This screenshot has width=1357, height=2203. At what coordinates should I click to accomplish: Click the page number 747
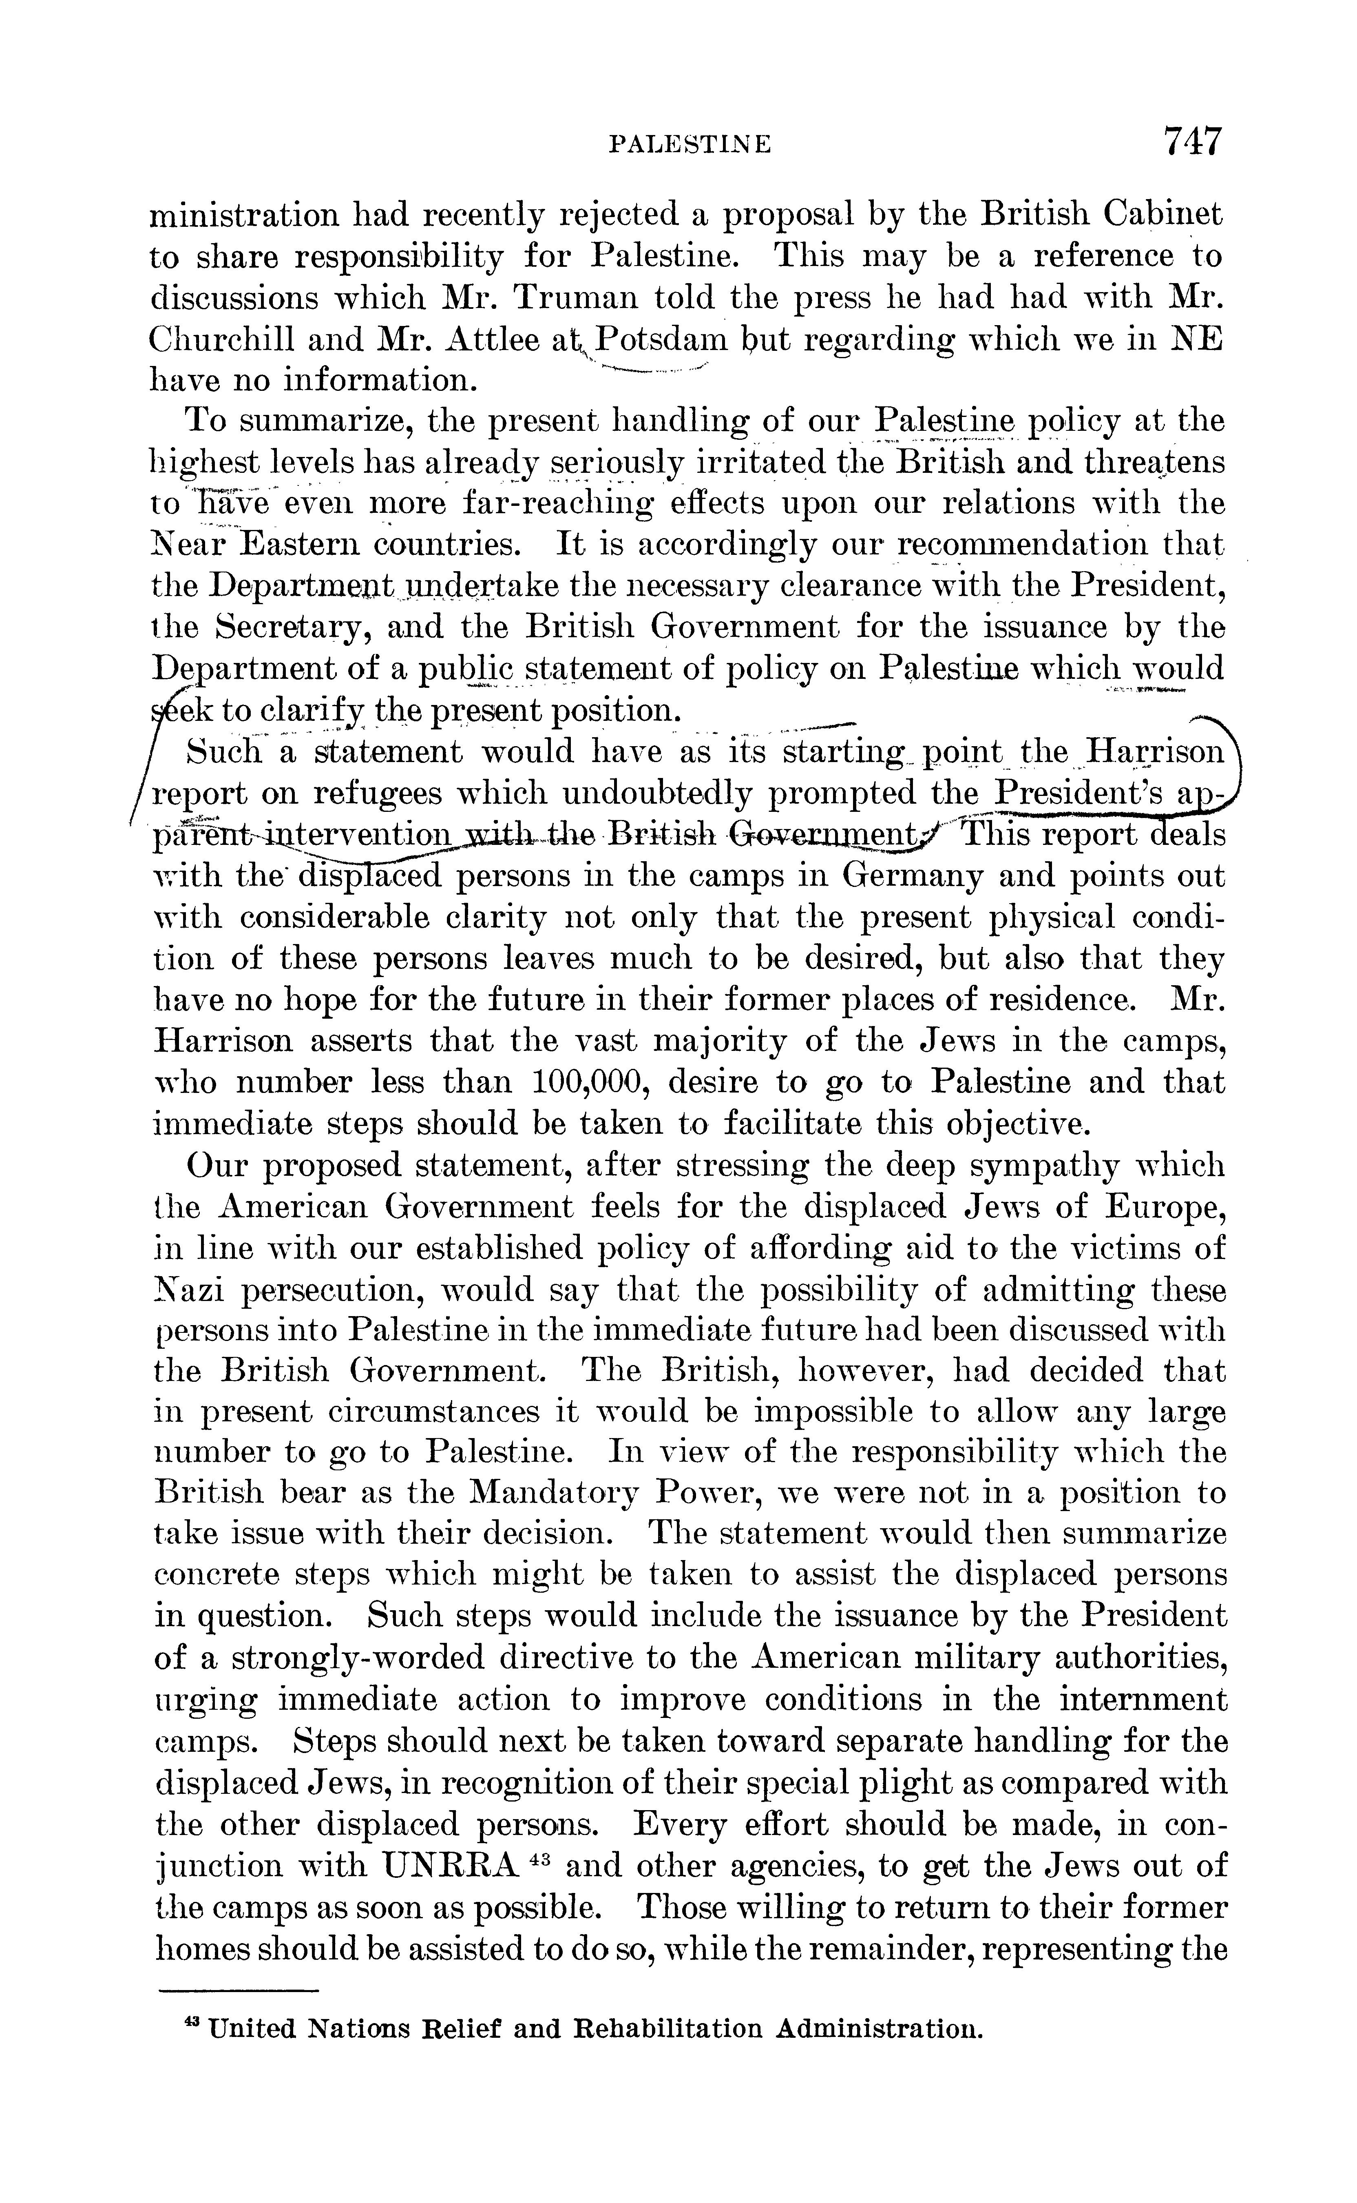point(1192,142)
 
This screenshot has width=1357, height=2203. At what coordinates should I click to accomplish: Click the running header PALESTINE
point(689,144)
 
